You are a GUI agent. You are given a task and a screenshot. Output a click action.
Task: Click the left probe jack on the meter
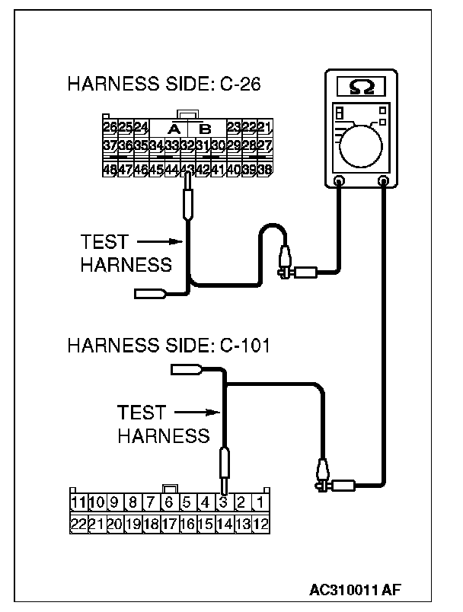click(340, 181)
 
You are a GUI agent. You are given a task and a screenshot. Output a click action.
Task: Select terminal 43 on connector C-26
click(187, 170)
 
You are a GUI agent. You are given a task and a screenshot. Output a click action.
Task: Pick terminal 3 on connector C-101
click(223, 502)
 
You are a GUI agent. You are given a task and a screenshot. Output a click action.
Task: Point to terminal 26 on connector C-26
click(110, 126)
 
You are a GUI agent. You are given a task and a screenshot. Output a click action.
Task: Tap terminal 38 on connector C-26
click(264, 170)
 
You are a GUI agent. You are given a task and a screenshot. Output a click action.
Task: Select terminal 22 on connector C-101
click(78, 523)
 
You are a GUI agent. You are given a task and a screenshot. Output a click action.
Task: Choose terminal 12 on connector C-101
click(260, 523)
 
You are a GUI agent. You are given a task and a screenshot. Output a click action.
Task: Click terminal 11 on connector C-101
click(78, 502)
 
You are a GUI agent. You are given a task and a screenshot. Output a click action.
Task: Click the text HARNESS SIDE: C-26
click(164, 84)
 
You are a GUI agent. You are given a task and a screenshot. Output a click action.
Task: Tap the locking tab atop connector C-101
click(170, 488)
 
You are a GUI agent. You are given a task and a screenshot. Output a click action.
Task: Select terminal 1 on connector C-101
click(260, 502)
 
